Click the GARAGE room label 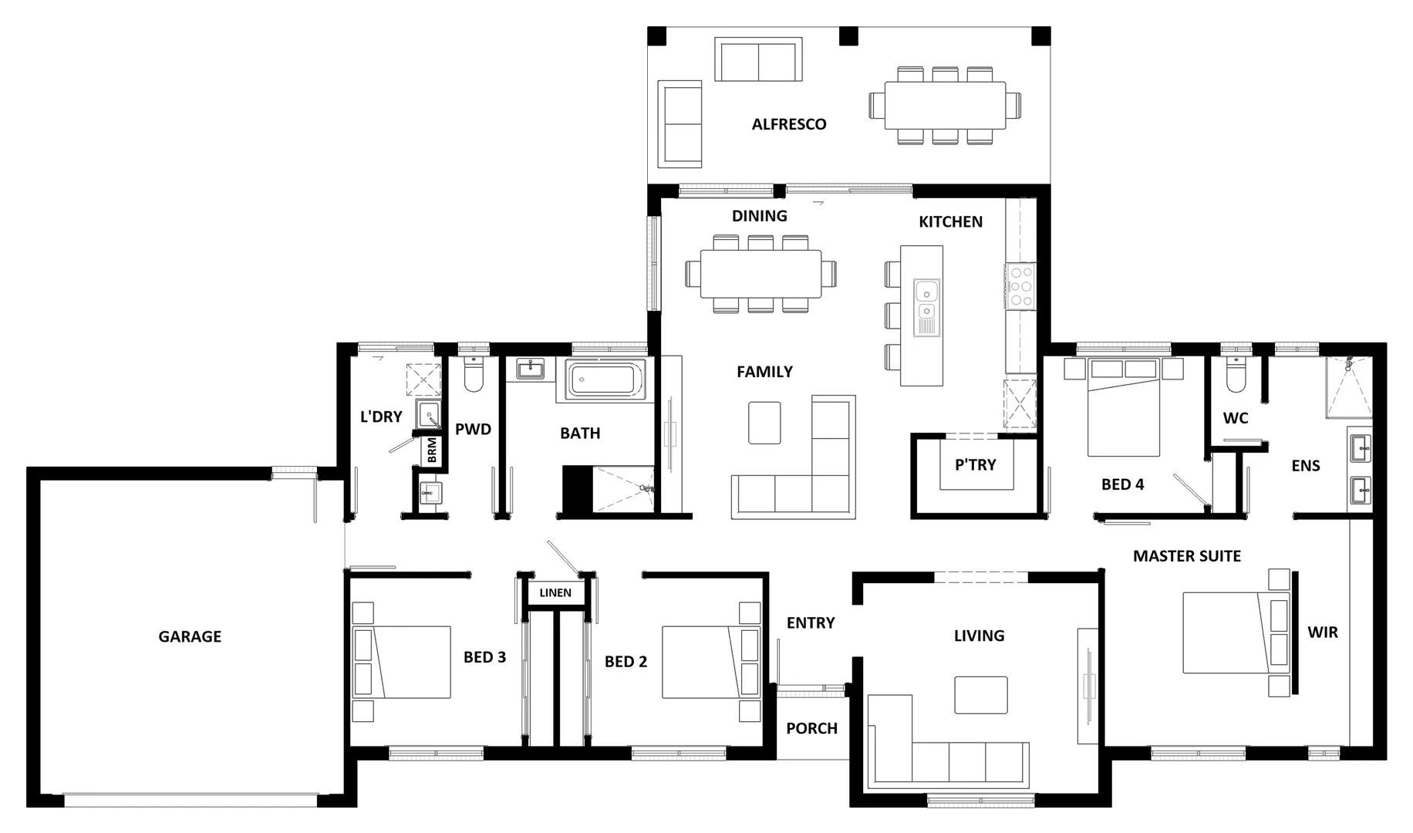190,636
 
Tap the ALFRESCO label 788,124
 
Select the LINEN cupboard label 555,592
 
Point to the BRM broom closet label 432,450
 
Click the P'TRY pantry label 975,464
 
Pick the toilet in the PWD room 473,376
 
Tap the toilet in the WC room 1235,376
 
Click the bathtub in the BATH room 605,380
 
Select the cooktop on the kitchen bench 1021,286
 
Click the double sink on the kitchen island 926,301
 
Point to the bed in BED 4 1123,416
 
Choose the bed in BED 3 402,662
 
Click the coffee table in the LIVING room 980,695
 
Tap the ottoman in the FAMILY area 764,422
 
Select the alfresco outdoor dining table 945,105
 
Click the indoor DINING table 760,274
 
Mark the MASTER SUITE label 1186,556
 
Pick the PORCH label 811,728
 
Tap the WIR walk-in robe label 1322,632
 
